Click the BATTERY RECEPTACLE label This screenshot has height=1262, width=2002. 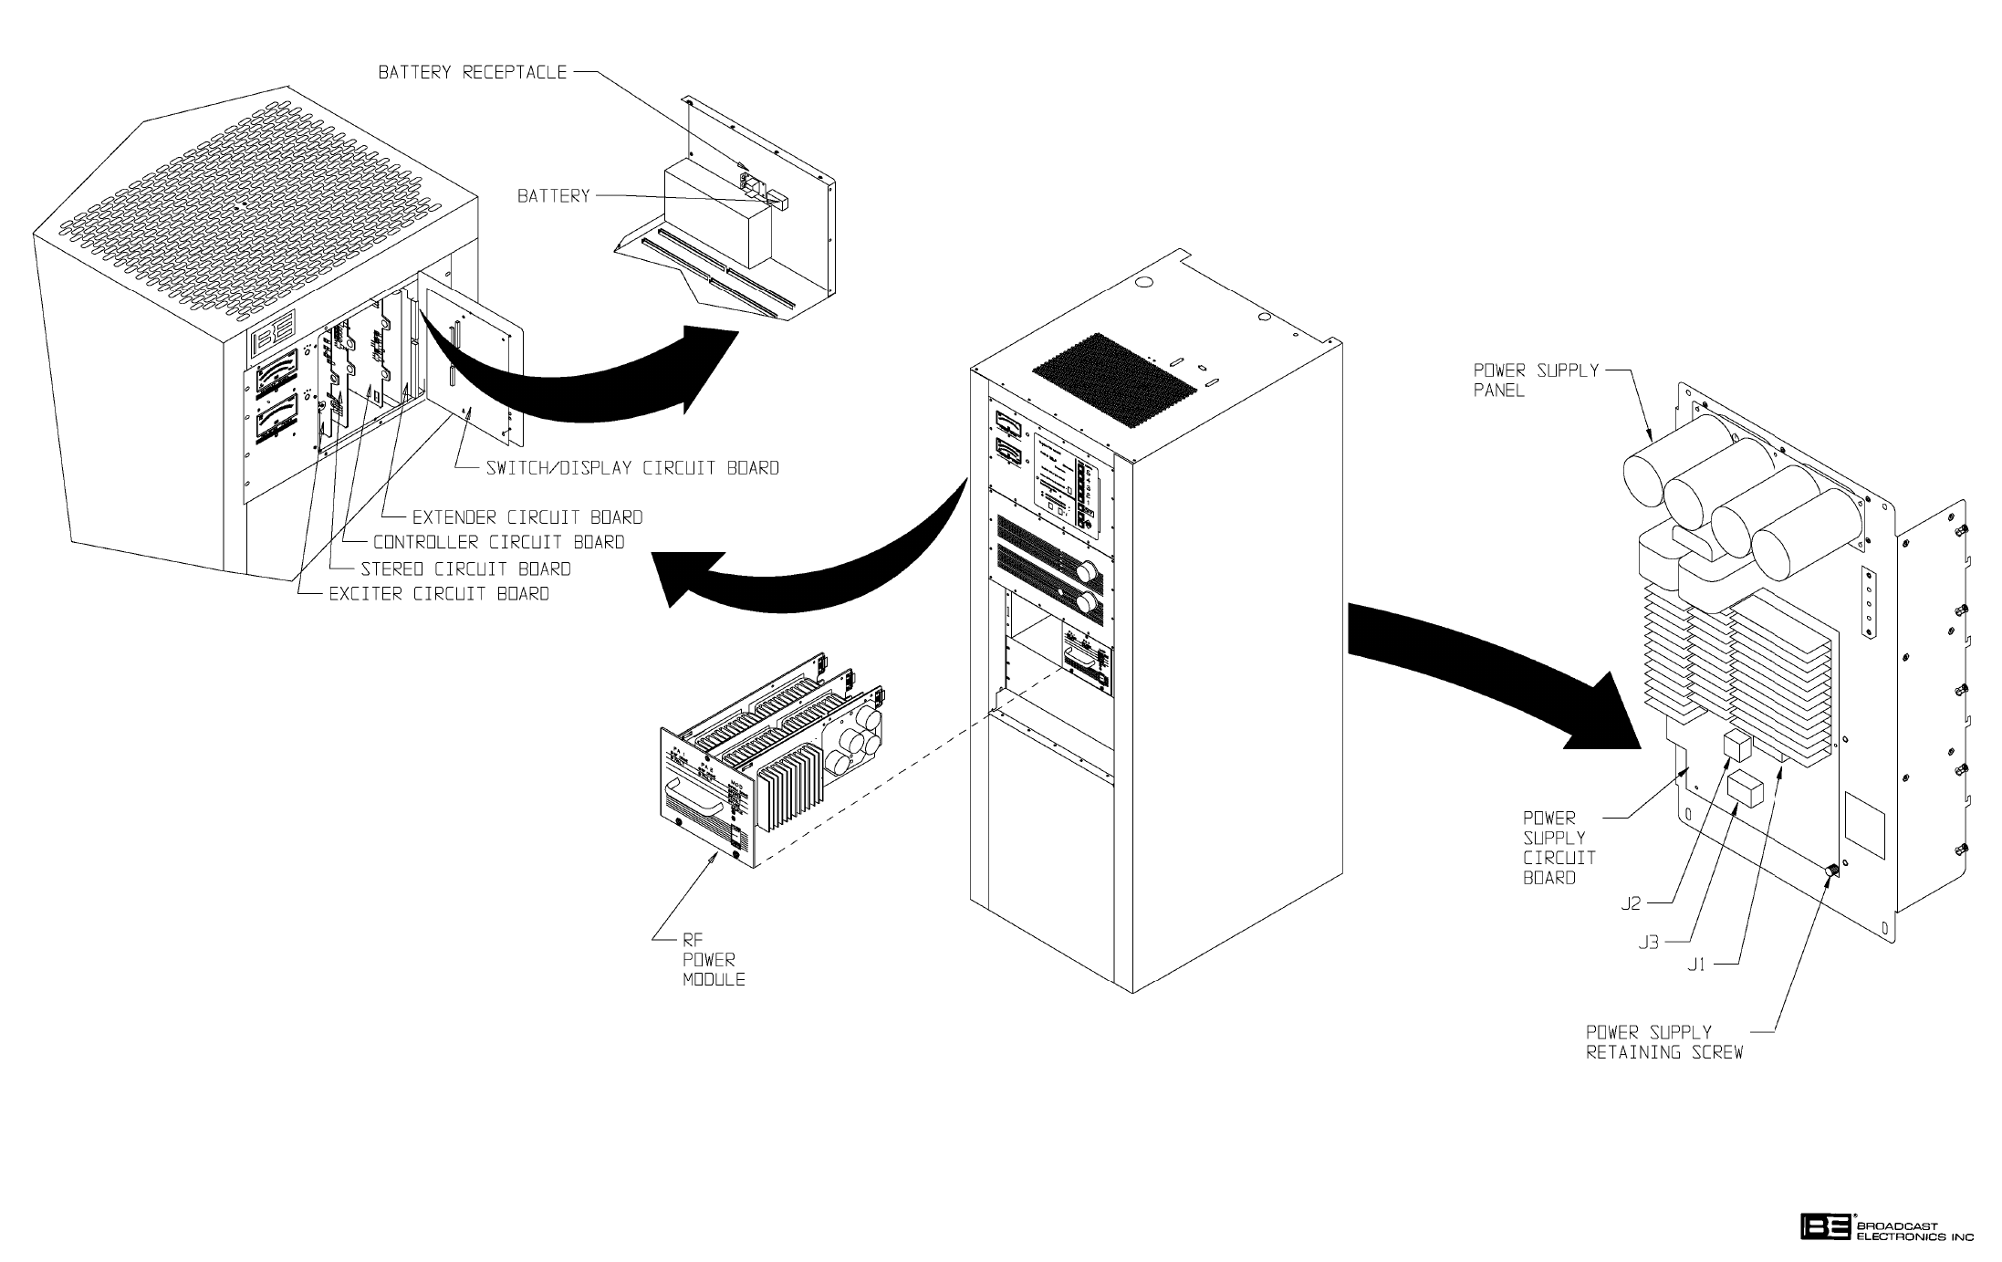[473, 72]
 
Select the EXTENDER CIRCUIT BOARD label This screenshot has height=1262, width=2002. [527, 517]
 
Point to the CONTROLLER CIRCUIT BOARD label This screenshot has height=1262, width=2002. [498, 542]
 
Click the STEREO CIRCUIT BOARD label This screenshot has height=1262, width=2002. [465, 569]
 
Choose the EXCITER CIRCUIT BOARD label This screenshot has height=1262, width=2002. [439, 594]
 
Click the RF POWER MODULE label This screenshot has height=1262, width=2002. [713, 959]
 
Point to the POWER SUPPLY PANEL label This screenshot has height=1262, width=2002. [1536, 381]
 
